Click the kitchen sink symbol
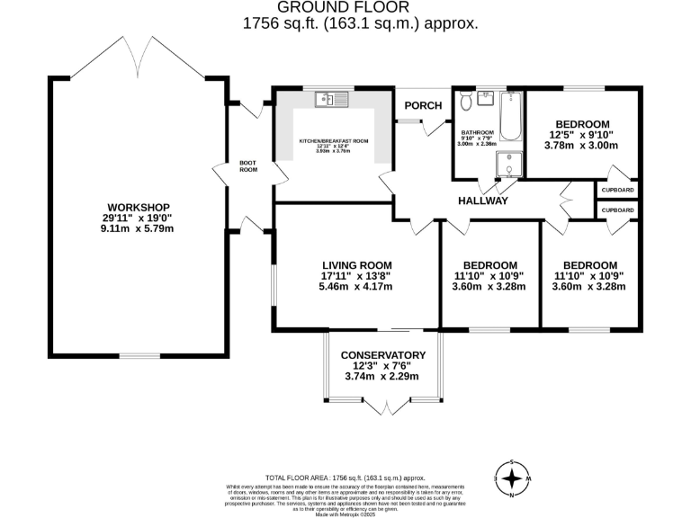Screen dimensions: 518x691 point(326,100)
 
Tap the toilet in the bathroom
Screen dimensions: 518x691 point(466,100)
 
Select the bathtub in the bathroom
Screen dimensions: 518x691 point(511,116)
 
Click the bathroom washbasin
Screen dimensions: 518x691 point(488,96)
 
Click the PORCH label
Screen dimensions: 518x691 point(423,105)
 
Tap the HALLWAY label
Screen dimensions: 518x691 point(483,201)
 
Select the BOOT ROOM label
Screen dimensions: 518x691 point(248,166)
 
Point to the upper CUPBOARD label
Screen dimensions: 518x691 point(617,191)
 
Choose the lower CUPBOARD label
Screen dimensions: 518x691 point(617,210)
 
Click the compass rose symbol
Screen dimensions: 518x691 point(512,478)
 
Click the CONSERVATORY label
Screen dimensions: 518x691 point(382,354)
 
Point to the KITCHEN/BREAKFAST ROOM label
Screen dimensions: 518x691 point(335,141)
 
